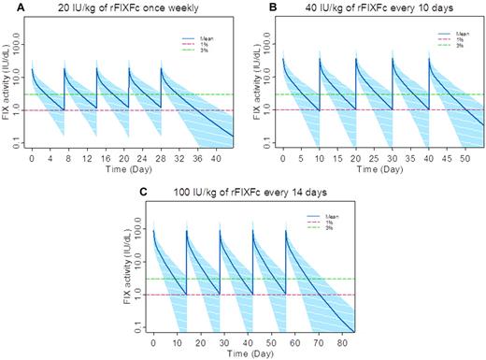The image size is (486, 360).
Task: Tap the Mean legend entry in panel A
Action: [193, 40]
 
